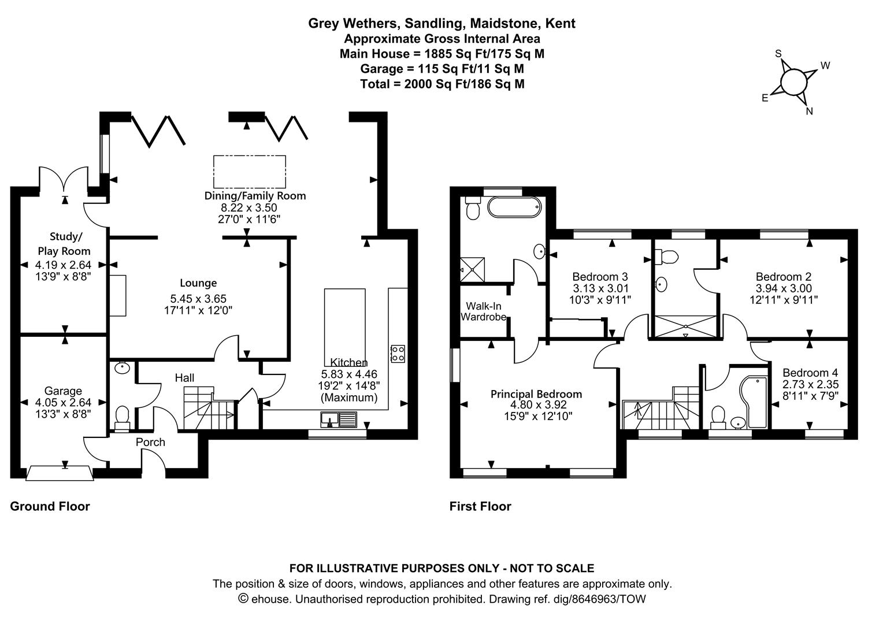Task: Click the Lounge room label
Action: pos(198,283)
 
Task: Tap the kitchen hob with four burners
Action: pos(398,353)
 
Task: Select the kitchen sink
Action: pos(340,418)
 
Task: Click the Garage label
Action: pos(63,391)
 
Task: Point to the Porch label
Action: pos(150,442)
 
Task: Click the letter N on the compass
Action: pos(809,112)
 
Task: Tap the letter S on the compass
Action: pos(778,54)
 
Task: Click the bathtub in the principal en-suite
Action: pos(514,206)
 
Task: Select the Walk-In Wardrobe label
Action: pos(483,311)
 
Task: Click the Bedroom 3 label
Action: pos(600,277)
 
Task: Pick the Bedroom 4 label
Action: pos(810,373)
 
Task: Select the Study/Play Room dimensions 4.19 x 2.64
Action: pos(63,265)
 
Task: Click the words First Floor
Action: pos(480,506)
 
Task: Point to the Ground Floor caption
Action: pos(50,506)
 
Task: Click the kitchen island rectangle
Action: pos(345,324)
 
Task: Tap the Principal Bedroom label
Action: pos(536,394)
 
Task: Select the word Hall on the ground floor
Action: pos(185,378)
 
